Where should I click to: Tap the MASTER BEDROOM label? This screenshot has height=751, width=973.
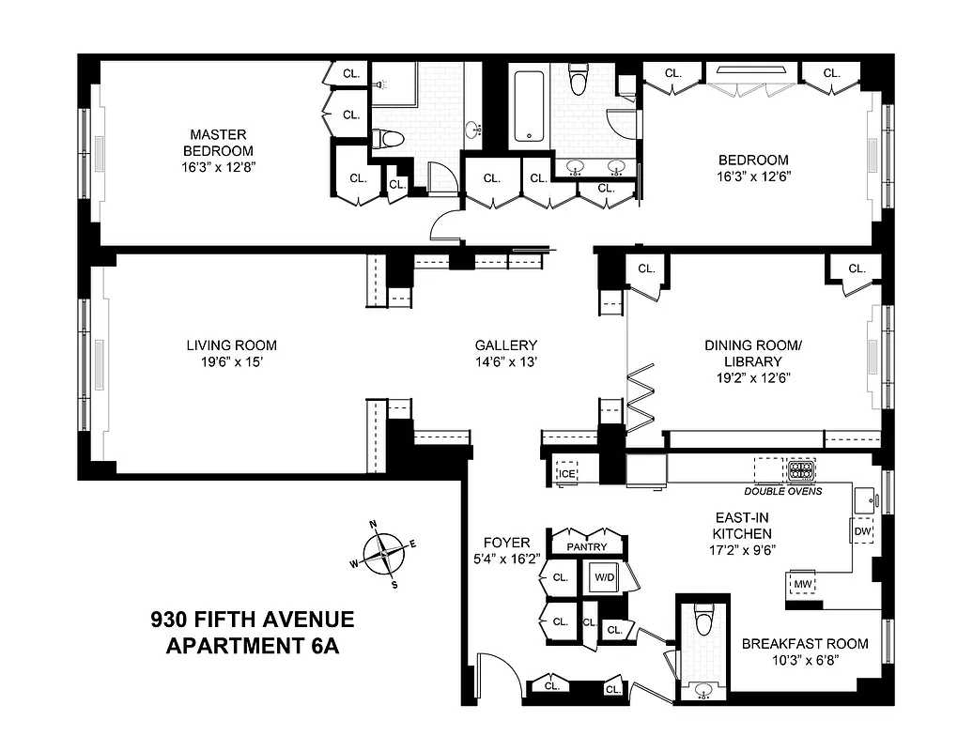[218, 143]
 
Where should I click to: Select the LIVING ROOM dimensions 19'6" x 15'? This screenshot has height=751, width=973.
[231, 362]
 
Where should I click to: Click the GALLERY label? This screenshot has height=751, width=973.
[505, 345]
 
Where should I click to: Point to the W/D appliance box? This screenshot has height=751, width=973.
[602, 576]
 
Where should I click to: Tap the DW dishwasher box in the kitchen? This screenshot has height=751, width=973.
[862, 531]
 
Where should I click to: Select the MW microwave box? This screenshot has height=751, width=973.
[801, 584]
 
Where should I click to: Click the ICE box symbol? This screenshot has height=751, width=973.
[566, 473]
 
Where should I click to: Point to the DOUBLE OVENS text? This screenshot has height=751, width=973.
[782, 491]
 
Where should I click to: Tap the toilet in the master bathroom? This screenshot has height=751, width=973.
[388, 140]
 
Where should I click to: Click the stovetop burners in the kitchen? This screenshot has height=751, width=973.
[800, 469]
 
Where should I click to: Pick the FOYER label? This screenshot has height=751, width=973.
[506, 543]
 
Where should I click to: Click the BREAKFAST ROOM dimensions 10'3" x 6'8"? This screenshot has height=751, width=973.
[805, 660]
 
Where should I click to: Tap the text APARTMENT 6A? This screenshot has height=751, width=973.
[252, 646]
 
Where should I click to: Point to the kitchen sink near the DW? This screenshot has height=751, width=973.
[865, 498]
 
